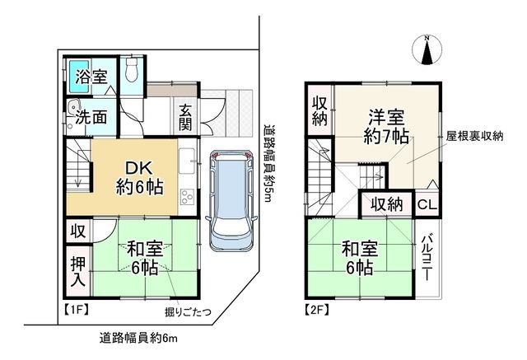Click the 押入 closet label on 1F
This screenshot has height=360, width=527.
click(x=77, y=272)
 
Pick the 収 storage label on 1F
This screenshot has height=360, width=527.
click(x=77, y=231)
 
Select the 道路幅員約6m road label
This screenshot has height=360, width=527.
click(x=138, y=337)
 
